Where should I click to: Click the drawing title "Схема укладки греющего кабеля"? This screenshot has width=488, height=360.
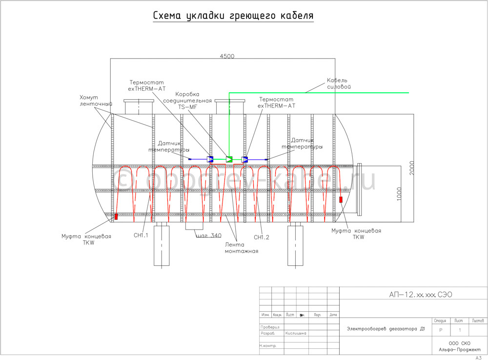click(233, 16)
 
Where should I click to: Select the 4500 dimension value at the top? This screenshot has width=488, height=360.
click(227, 56)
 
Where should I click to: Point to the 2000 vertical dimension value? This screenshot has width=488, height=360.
click(413, 169)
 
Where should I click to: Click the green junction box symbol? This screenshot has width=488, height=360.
click(229, 159)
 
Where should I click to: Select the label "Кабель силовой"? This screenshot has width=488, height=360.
click(338, 83)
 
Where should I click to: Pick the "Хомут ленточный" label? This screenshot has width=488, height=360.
click(96, 101)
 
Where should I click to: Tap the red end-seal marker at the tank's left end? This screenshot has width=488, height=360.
click(116, 216)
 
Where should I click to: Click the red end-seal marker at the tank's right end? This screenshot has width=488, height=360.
click(341, 199)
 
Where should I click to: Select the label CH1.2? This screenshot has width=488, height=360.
click(262, 237)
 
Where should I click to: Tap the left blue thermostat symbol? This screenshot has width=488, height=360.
click(211, 159)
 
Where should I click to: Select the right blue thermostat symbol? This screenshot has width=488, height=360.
click(244, 159)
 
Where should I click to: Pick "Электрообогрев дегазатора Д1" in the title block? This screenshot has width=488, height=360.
click(386, 329)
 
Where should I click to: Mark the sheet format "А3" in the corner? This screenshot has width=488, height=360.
click(479, 358)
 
